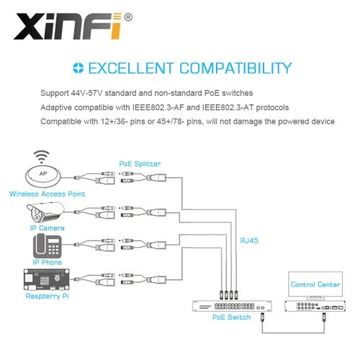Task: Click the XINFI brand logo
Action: (68, 27)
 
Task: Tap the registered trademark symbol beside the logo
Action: (128, 17)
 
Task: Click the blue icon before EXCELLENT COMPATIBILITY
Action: (78, 68)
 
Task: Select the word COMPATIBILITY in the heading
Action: (235, 68)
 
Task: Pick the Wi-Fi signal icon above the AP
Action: (42, 156)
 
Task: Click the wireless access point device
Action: (43, 176)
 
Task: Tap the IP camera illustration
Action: (45, 212)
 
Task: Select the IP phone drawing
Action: (47, 246)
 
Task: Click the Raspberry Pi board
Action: (47, 279)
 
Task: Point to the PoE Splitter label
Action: (140, 164)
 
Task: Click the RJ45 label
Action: (249, 240)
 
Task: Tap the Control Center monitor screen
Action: (315, 284)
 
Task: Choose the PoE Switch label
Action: (231, 318)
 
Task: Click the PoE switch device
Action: (232, 306)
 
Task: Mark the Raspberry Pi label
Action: (47, 296)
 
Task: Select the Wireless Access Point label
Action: (48, 194)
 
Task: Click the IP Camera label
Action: (48, 228)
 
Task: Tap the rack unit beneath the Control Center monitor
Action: (315, 306)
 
